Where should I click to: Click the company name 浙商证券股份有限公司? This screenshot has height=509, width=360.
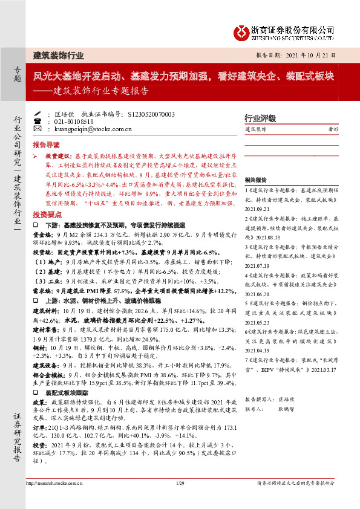[293, 28]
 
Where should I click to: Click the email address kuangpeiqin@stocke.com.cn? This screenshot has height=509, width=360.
[89, 129]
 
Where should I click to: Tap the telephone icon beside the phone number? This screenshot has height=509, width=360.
[36, 121]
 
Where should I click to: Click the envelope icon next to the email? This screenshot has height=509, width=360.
[36, 129]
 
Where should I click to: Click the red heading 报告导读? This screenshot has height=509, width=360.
[46, 145]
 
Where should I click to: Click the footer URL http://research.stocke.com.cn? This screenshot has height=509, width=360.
[53, 482]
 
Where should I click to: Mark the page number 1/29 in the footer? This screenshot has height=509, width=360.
[179, 482]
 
